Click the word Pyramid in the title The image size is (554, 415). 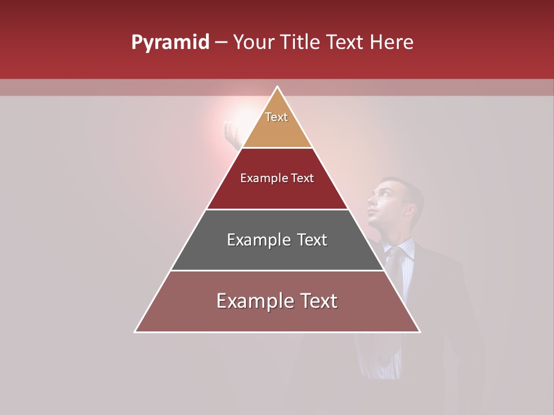tap(170, 43)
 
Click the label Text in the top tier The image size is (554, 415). tap(276, 117)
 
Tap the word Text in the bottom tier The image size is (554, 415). tap(315, 301)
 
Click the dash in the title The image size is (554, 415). tap(221, 43)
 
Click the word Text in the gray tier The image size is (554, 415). tap(312, 240)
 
